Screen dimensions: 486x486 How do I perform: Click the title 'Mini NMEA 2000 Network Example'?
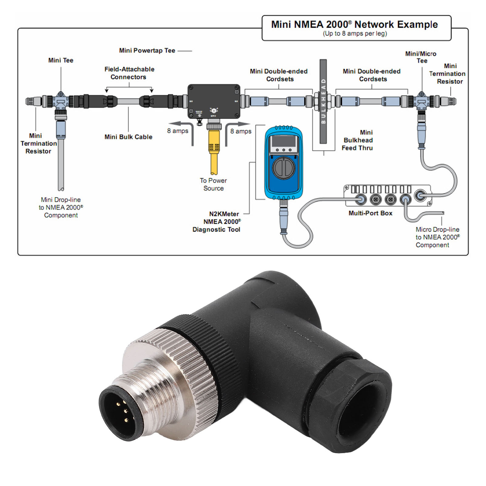[354, 24]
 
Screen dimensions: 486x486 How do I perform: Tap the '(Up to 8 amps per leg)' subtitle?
[355, 33]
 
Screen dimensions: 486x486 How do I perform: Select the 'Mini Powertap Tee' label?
[147, 50]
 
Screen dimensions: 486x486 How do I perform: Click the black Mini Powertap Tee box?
[214, 101]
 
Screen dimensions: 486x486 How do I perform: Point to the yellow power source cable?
[214, 152]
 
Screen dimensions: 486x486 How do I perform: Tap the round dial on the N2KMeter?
[284, 168]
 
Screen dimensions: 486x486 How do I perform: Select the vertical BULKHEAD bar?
[323, 101]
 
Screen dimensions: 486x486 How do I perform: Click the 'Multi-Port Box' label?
[370, 213]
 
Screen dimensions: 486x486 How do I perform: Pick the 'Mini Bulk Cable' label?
[128, 137]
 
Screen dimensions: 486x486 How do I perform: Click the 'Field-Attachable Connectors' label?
[129, 73]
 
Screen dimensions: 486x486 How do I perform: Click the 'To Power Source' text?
[213, 184]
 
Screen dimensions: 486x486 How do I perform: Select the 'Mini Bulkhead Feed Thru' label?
[358, 140]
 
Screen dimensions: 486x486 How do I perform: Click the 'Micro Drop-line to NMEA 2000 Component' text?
[437, 237]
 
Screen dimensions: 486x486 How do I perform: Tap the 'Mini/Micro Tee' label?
[421, 57]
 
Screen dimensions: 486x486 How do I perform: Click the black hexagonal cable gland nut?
[352, 404]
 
